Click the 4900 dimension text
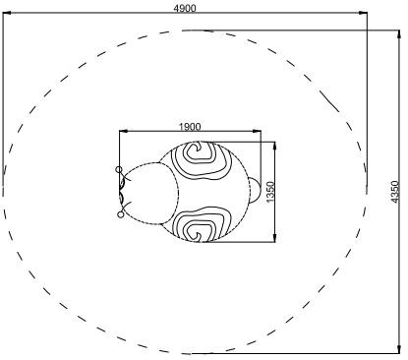185,8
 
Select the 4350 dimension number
395,192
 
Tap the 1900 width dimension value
190,126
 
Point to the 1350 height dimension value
269,192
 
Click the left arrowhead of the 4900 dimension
7,13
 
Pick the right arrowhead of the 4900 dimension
363,13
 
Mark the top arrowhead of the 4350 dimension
399,34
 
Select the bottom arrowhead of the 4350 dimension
399,349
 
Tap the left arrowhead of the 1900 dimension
123,131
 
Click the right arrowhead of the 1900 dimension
258,131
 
